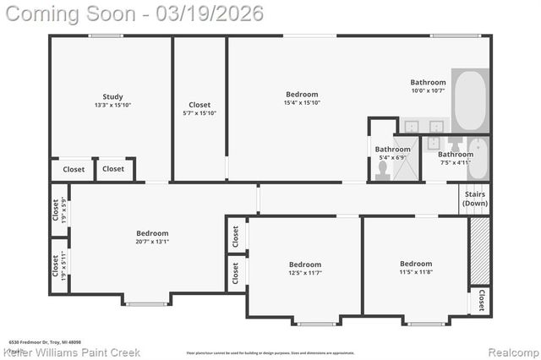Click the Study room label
(112, 96)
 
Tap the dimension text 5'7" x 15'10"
(199, 113)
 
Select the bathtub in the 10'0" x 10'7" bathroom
(470, 101)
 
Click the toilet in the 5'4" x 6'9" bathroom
(382, 170)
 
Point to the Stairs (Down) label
(475, 199)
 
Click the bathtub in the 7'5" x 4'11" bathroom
(478, 159)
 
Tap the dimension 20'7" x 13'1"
(152, 242)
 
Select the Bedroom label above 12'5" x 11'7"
(305, 264)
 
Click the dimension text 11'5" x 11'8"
(415, 272)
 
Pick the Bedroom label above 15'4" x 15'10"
(302, 95)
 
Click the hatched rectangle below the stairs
(479, 250)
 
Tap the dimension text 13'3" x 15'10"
(112, 105)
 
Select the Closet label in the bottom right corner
(480, 300)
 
